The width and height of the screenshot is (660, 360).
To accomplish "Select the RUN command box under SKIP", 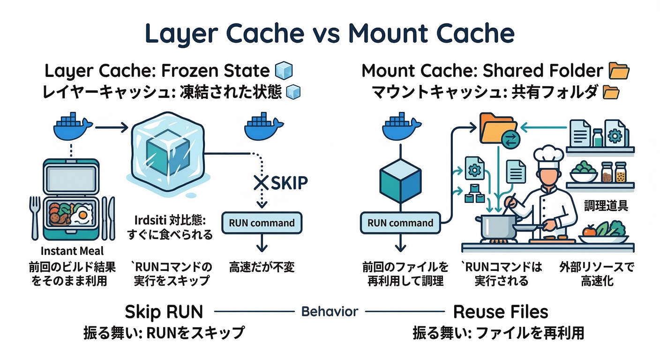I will pos(262,223).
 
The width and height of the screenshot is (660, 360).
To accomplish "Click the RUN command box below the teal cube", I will pos(400,223).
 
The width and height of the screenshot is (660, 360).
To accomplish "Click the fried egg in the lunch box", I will pos(82,215).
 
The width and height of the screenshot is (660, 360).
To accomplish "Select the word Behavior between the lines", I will pos(330,311).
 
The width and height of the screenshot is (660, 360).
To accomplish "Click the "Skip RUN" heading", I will pos(164,312).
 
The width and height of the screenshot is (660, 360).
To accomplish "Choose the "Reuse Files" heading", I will pos(501,312).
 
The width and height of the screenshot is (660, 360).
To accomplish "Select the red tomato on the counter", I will pos(590,232).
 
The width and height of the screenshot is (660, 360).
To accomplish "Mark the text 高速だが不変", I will pos(262,268).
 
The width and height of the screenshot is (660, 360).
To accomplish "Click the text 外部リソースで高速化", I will pos(596,274).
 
